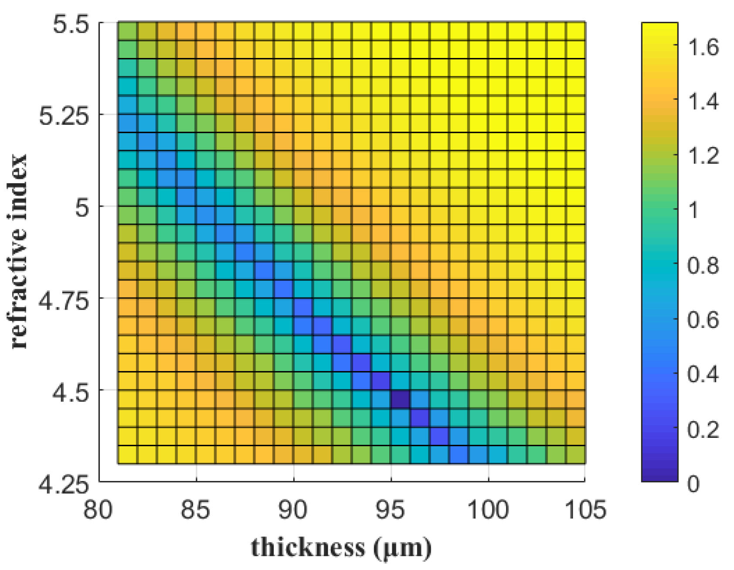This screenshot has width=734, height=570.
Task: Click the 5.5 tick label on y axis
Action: pos(71,24)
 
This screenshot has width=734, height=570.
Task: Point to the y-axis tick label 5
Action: pos(82,208)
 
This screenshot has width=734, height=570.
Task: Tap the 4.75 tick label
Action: pos(64,301)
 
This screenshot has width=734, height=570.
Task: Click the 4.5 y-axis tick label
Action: pos(71,393)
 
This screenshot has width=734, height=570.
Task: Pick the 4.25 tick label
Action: pos(64,485)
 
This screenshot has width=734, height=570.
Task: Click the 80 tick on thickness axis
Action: pos(98,509)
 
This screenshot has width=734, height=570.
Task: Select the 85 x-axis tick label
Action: pos(195,509)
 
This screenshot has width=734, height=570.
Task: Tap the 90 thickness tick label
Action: pos(293,509)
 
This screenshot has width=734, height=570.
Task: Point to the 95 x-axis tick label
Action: pos(390,509)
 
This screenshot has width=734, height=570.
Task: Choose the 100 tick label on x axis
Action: pos(488,509)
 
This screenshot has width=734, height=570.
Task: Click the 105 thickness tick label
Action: pos(585,509)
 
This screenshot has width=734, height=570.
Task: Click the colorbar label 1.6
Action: pos(703,47)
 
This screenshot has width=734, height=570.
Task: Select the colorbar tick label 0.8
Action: pos(703,265)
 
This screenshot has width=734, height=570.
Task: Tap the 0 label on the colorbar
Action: pos(693,484)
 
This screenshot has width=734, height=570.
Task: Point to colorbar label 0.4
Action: pos(703,374)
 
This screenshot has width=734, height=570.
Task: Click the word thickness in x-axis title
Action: pos(308,547)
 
